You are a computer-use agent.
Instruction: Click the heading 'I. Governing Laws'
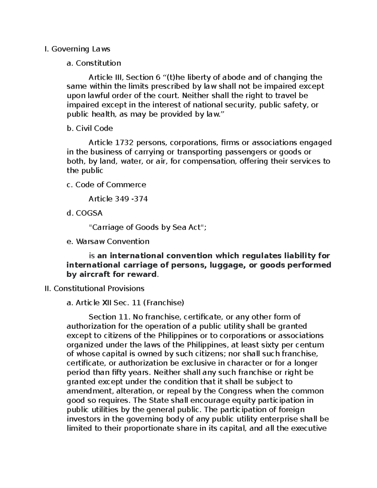coord(78,49)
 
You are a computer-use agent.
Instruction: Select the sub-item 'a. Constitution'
coord(94,63)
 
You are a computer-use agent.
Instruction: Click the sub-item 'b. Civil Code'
coord(90,128)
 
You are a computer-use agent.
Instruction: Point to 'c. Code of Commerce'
coord(106,185)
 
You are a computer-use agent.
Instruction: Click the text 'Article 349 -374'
coord(118,199)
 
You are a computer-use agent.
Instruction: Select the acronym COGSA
coord(89,213)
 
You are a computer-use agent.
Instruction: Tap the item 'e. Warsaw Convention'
coord(108,241)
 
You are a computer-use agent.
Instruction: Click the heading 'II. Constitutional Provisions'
coord(95,288)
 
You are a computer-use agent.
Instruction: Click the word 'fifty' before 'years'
coord(120,373)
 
